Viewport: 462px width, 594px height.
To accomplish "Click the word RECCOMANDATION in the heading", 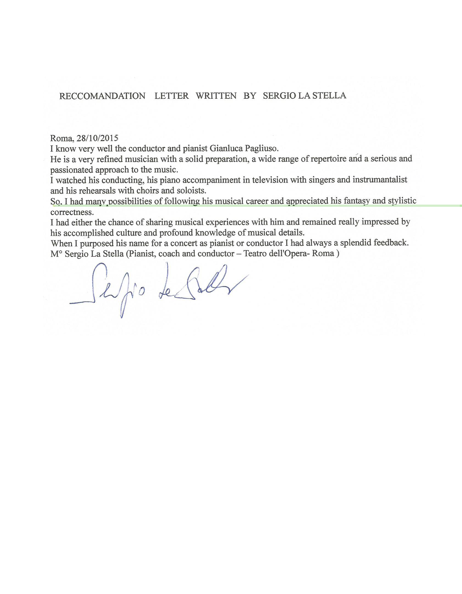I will pos(102,96).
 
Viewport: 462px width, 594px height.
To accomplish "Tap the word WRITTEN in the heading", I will pos(216,96).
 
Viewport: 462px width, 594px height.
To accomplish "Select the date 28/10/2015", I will pos(97,138).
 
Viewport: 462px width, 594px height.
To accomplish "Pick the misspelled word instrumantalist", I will pos(380,180).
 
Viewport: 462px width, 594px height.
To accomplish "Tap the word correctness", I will pos(72,212).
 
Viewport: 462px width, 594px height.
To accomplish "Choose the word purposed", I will pos(97,244).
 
